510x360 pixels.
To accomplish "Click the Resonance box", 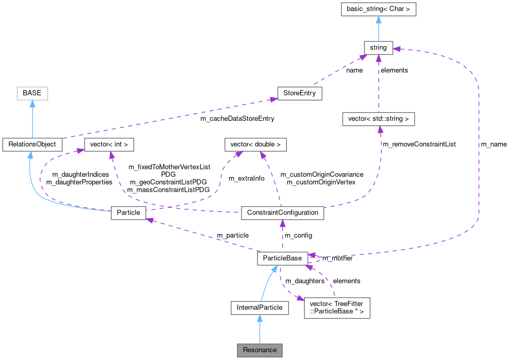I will coord(260,350).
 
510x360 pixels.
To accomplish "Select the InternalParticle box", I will coord(260,308).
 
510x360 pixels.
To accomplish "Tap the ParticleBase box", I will coord(282,258).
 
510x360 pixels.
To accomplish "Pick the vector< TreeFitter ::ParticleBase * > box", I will coord(337,308).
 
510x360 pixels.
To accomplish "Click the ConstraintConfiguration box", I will coord(282,213).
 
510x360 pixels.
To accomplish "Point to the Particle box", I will coord(129,213).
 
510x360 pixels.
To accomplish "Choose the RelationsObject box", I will coord(32,145).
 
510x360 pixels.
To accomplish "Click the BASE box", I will coord(32,94).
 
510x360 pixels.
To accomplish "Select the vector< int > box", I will coord(109,145).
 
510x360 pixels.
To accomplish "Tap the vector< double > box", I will coord(256,145).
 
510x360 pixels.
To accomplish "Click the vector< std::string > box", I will coord(378,119).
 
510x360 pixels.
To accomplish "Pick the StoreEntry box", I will coord(300,94).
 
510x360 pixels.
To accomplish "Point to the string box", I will coord(378,48).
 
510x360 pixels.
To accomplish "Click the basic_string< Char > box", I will coord(378,9).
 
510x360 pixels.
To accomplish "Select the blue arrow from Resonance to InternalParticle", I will coord(260,329).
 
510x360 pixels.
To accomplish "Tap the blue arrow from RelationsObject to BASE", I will coord(32,119).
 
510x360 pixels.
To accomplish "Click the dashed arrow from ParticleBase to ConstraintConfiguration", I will coord(282,236).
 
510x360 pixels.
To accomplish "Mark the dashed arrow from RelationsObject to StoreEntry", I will coord(166,120).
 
